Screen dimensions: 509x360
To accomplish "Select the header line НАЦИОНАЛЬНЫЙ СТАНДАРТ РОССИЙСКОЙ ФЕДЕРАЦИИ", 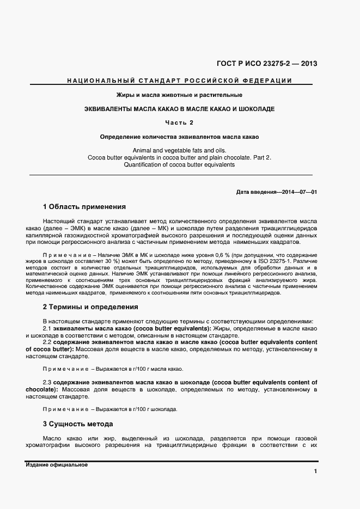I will coord(179,81).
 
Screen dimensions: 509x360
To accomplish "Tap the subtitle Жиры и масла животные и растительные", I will coord(179,95).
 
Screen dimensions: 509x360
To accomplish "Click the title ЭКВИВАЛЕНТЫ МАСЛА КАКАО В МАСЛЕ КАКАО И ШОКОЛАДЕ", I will coord(179,109).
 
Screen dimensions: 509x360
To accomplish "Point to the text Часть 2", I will coord(179,122).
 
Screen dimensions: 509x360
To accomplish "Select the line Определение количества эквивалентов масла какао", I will coord(179,136).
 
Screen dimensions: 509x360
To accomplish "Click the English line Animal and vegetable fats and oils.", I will coord(179,150).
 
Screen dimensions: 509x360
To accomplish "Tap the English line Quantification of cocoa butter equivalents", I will coord(179,164).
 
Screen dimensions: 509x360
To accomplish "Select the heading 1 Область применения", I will coord(84,207).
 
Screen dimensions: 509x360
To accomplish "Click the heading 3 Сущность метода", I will coord(77,424).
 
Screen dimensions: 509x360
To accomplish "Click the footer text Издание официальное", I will coord(57,465).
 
